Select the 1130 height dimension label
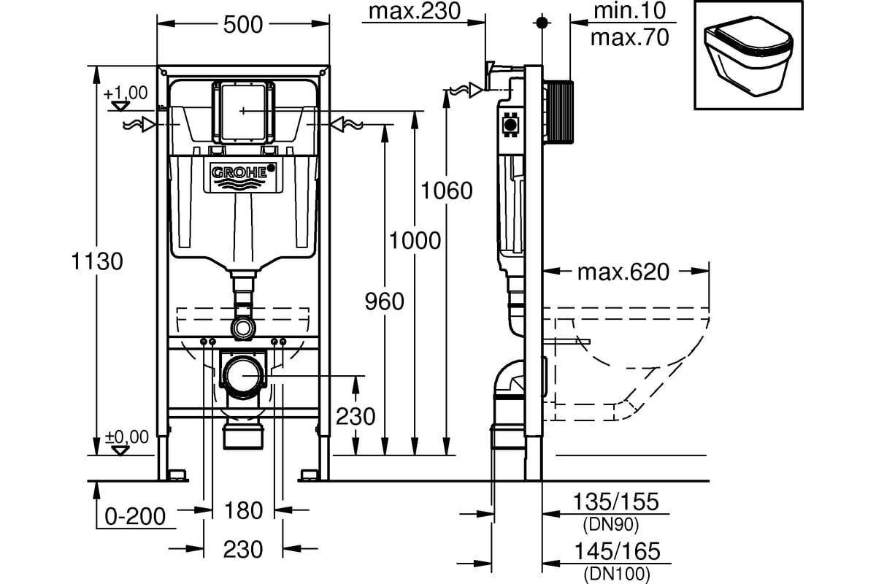click(x=96, y=261)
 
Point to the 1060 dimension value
click(x=446, y=191)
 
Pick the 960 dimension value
click(x=384, y=300)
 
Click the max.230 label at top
click(x=415, y=11)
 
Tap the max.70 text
click(x=629, y=37)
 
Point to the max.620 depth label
click(x=623, y=272)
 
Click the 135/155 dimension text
click(x=616, y=502)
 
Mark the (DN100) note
click(x=615, y=573)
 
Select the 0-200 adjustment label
click(x=135, y=516)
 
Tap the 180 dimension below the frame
click(x=243, y=510)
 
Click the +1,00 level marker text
click(x=125, y=93)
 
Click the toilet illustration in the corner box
click(x=747, y=56)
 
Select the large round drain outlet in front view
click(x=243, y=375)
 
